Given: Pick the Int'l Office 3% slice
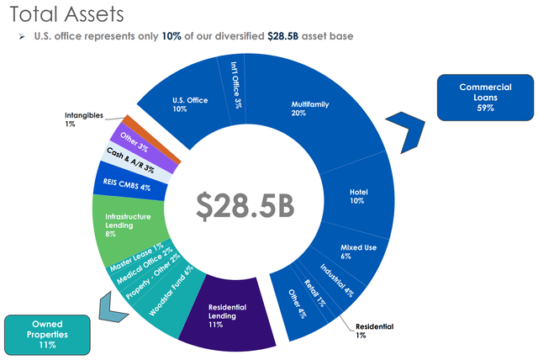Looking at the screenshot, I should [235, 83].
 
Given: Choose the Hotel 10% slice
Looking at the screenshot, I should [359, 196].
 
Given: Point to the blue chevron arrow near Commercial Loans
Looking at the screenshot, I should [416, 133].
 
